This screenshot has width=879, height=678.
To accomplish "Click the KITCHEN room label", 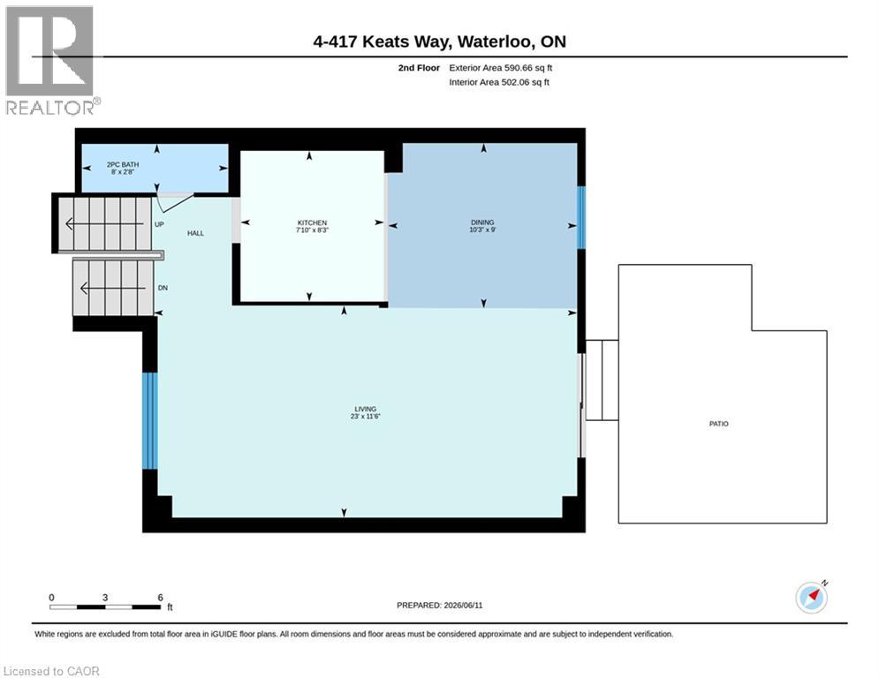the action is click(x=312, y=223).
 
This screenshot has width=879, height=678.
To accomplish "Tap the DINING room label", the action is click(x=482, y=222).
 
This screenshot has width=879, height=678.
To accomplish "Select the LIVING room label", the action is click(x=365, y=409).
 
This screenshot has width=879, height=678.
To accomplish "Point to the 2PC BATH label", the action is click(x=123, y=165).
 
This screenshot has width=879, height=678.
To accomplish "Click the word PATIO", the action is click(x=719, y=424).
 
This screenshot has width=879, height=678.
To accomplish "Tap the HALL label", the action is click(x=195, y=233).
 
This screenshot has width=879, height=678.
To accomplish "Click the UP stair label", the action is click(x=159, y=224).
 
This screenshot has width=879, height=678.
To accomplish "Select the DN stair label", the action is click(x=163, y=288).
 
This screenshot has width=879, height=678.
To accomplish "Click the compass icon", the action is click(x=812, y=598).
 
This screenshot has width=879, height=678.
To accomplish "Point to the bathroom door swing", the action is click(x=174, y=203).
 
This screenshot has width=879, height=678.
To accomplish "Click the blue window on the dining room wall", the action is click(x=581, y=217).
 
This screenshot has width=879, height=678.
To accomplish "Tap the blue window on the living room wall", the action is click(x=149, y=421).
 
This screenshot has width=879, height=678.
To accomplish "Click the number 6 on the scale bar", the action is click(x=160, y=598).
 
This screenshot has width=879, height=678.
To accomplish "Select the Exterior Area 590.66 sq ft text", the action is click(x=501, y=68).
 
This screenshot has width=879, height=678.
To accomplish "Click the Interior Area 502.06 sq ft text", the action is click(x=499, y=82).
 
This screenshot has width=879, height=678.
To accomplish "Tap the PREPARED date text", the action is click(x=440, y=605).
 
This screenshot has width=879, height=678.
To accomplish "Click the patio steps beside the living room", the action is click(x=602, y=380).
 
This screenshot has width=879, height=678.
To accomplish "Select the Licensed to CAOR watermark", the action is click(x=51, y=671).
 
